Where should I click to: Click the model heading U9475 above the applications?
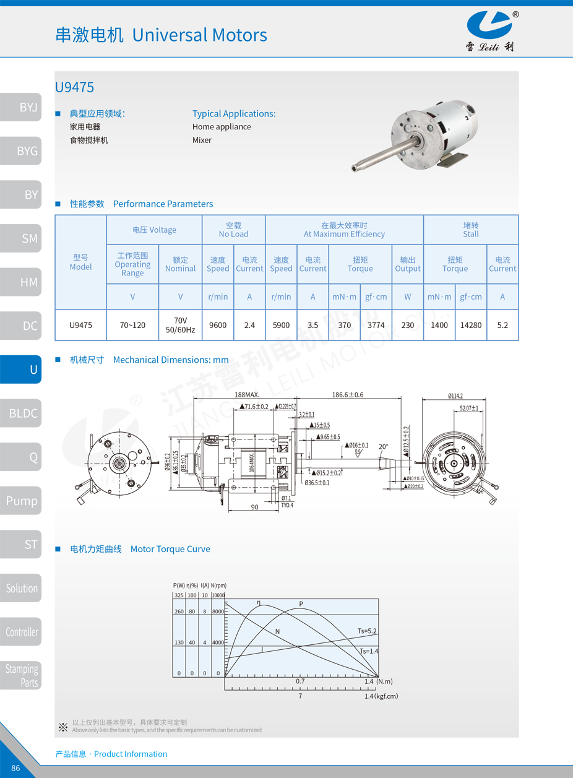point(74,88)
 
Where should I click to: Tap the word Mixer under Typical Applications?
point(202,140)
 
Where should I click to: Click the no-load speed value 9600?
point(218,325)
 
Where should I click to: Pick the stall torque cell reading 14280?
point(471,325)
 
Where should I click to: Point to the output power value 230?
point(407,325)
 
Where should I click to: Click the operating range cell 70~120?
point(132,325)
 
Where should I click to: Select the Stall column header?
point(471,230)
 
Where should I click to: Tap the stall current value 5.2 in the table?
point(502,325)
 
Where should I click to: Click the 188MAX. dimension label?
point(247,394)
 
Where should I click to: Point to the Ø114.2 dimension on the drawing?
point(455,396)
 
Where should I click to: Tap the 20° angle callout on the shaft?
point(384,446)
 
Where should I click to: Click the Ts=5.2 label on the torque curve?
point(367,631)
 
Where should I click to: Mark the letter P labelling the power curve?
point(301,603)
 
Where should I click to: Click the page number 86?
point(15,768)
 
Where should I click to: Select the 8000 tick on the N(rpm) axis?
point(218,612)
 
